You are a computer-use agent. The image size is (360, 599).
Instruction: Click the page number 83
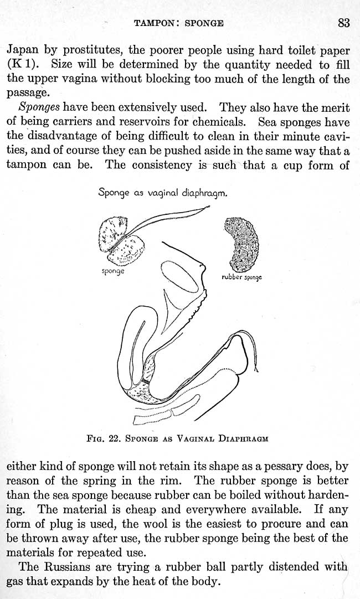click(343, 23)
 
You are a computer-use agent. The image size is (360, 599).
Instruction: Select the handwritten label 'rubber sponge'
click(241, 277)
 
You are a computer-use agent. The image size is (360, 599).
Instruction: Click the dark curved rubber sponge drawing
click(240, 242)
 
